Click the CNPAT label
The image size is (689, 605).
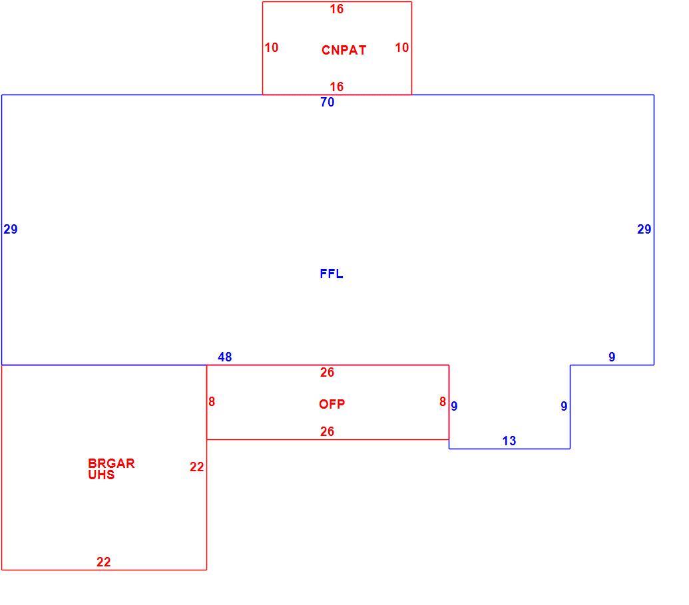(344, 50)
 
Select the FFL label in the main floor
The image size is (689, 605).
(332, 274)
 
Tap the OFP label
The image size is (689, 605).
(332, 404)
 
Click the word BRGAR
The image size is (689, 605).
(111, 463)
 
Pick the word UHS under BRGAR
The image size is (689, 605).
(101, 475)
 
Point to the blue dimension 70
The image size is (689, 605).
(328, 102)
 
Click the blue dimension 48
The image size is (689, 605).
(224, 357)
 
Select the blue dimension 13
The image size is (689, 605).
(509, 441)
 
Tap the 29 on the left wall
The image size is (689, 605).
(11, 229)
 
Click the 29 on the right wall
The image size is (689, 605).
(644, 229)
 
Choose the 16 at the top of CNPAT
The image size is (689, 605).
(337, 9)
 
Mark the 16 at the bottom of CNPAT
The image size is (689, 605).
(337, 87)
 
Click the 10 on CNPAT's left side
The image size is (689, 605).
(272, 47)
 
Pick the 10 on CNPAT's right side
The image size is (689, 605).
(401, 47)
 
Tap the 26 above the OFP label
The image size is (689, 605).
(327, 372)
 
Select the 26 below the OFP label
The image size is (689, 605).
(327, 431)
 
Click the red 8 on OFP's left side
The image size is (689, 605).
(212, 401)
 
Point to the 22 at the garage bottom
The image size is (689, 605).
(104, 562)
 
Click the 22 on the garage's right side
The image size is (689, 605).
(197, 467)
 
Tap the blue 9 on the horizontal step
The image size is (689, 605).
(612, 357)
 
